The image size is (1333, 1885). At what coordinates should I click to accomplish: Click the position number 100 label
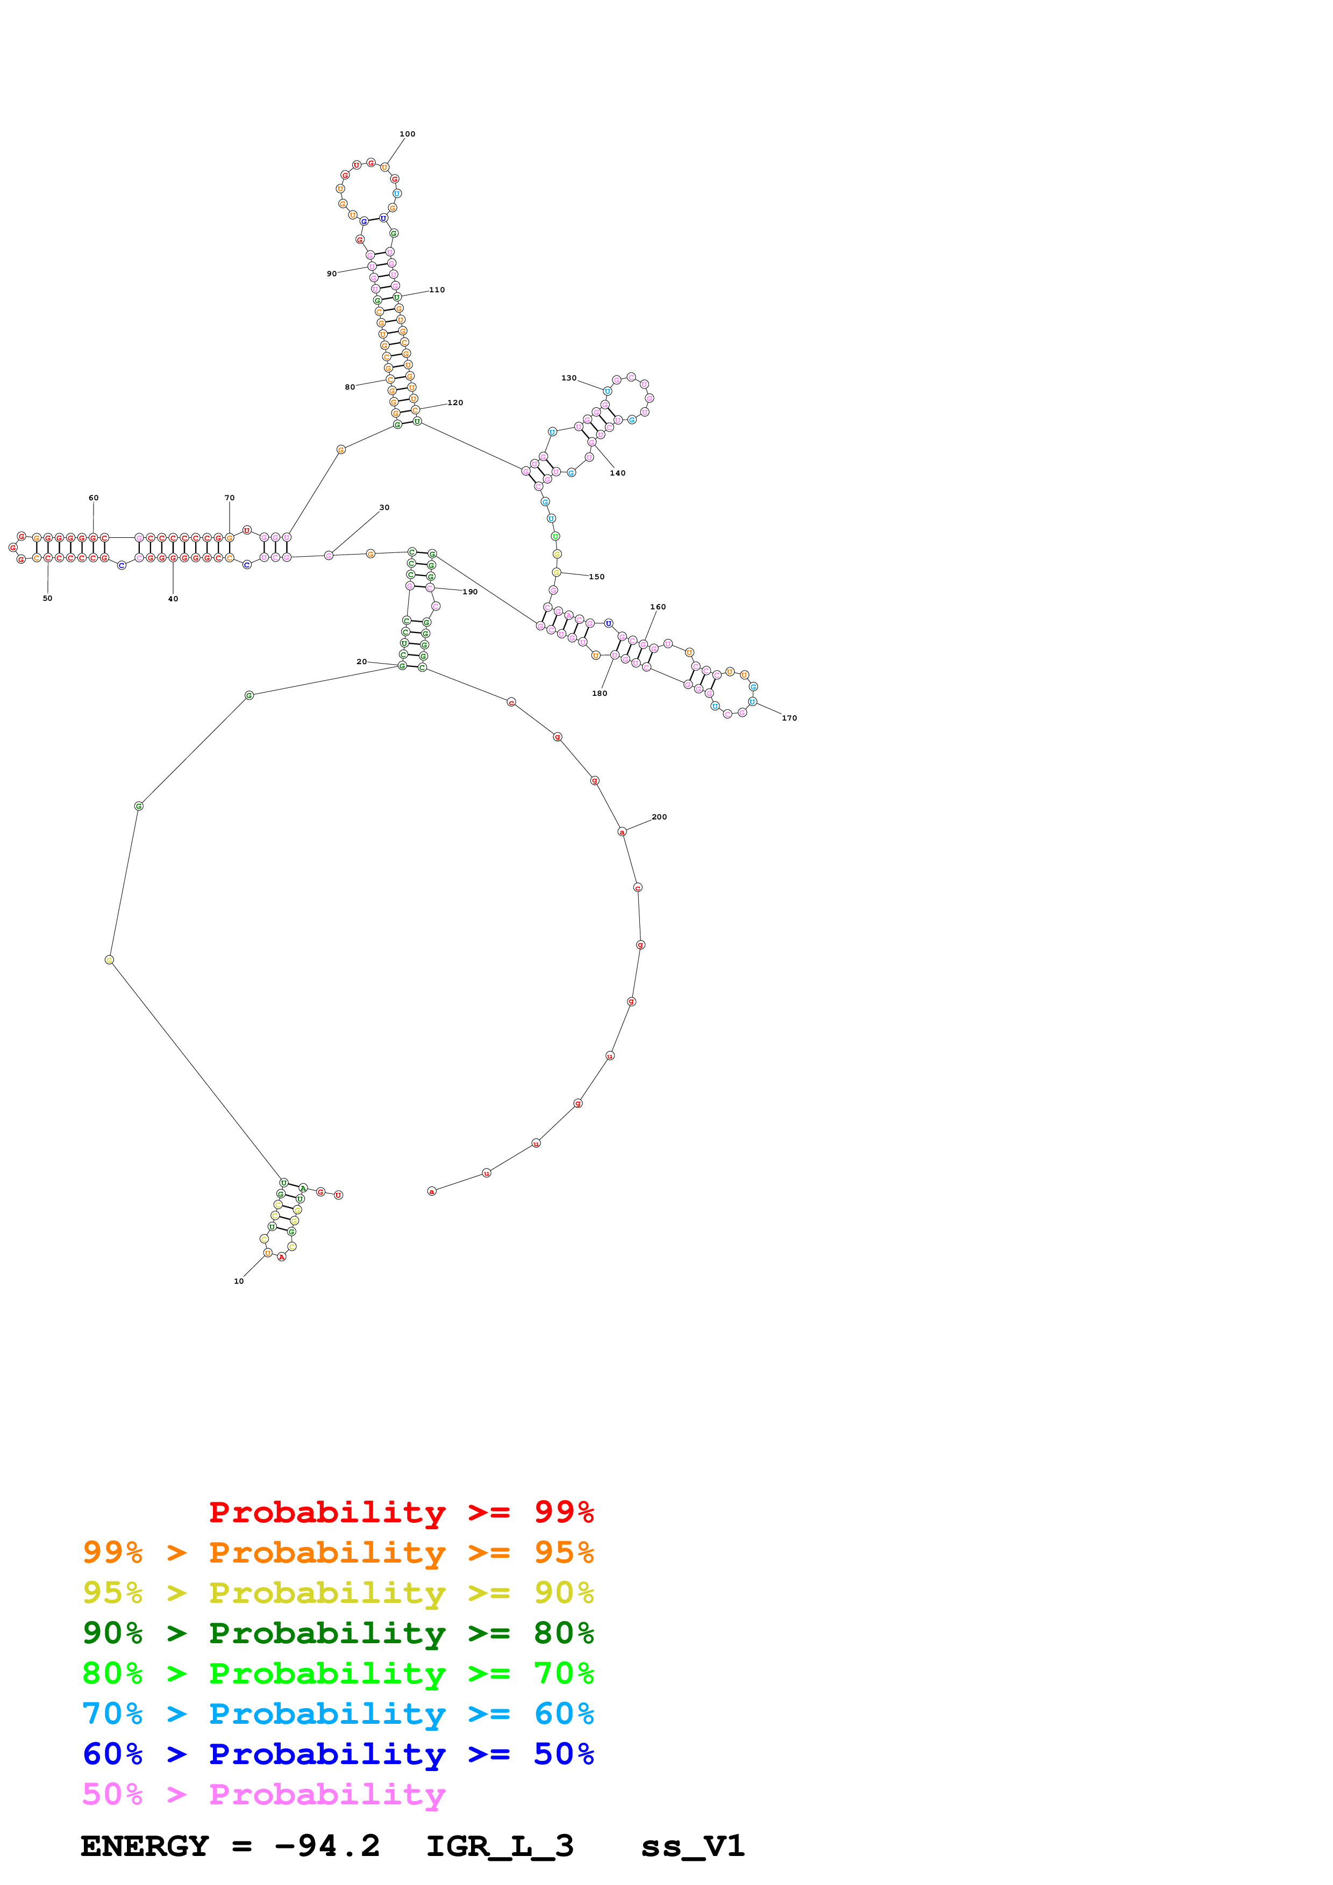click(x=408, y=134)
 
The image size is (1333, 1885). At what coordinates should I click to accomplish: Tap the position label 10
click(x=239, y=1280)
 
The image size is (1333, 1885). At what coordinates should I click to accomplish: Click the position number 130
click(x=568, y=378)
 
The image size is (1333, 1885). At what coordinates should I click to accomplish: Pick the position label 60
click(x=94, y=498)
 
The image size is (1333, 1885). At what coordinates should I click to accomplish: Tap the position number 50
click(x=48, y=599)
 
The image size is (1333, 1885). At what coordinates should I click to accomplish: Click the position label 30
click(x=384, y=507)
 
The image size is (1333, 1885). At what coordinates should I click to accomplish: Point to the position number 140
click(x=618, y=473)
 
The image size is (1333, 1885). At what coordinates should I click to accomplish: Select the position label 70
click(x=229, y=498)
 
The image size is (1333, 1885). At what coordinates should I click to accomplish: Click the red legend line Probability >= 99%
click(x=401, y=1512)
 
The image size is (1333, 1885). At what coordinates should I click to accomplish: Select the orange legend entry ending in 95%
click(x=338, y=1552)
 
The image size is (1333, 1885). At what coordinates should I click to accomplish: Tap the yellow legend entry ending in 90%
click(x=338, y=1593)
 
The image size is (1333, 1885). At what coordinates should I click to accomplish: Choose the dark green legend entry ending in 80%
click(x=338, y=1633)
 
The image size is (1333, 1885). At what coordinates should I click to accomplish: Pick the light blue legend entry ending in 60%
click(x=338, y=1714)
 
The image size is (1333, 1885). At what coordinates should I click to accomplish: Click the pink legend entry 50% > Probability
click(x=263, y=1794)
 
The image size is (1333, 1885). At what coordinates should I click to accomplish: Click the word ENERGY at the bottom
click(x=145, y=1846)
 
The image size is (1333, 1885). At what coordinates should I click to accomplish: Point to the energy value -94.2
click(x=327, y=1846)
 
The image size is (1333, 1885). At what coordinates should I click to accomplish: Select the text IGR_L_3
click(x=500, y=1846)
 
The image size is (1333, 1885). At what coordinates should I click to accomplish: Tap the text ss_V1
click(x=693, y=1846)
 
